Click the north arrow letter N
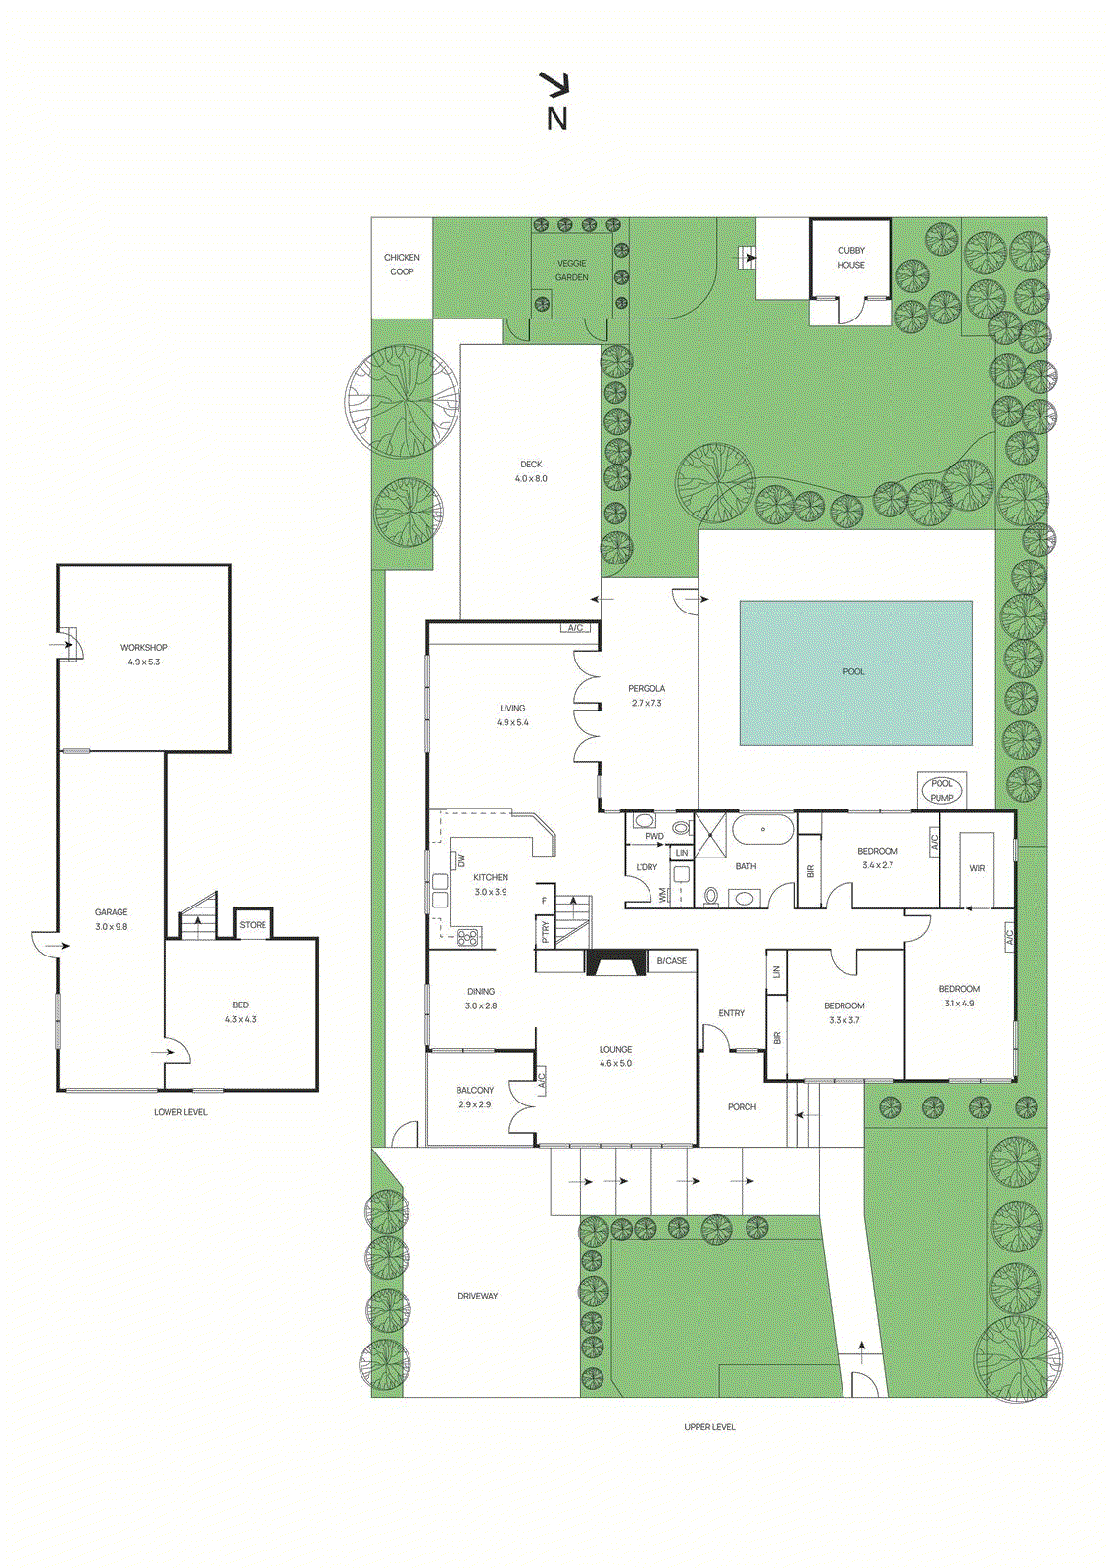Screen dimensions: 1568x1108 coord(556,119)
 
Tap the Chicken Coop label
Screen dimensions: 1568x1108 coord(402,265)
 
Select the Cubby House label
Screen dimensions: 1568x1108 coord(850,258)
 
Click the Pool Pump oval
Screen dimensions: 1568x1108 coord(941,790)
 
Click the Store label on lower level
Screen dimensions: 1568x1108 coord(253,925)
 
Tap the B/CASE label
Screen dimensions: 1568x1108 coord(672,961)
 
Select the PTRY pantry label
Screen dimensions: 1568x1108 coord(546,932)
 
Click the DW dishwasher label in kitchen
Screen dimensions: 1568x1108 coord(460,860)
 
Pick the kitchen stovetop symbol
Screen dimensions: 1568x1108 coord(468,937)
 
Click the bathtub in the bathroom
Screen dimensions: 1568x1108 coord(763,830)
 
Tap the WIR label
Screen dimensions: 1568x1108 coord(977,868)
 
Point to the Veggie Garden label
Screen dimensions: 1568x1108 coord(572,270)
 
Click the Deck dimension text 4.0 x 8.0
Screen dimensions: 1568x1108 coord(531,479)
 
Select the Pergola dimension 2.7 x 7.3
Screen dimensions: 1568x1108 coord(647,704)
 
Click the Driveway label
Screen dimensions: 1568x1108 coord(478,1296)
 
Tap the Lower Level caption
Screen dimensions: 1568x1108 coord(180,1112)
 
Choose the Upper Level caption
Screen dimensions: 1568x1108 coord(709,1427)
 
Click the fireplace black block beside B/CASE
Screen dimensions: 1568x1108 coord(615,963)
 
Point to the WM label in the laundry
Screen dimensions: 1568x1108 coord(663,895)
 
